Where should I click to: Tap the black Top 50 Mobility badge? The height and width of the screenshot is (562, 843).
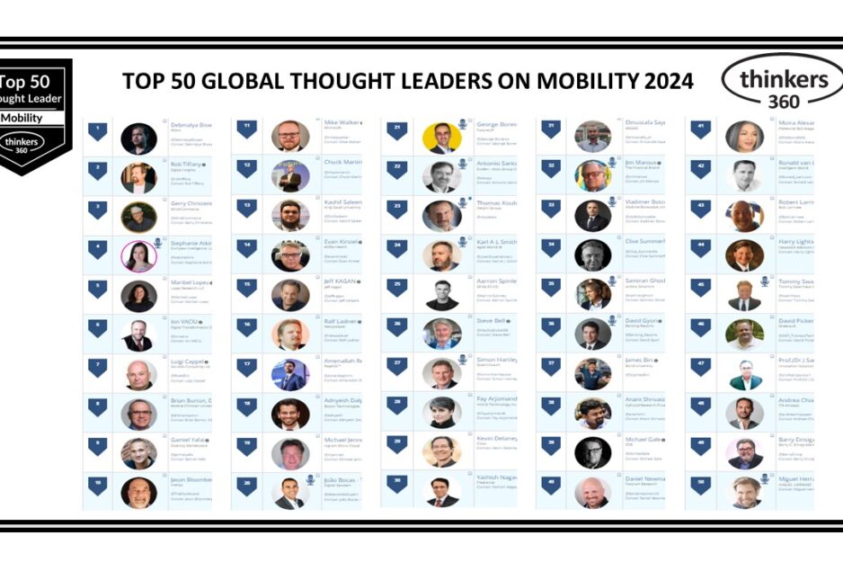pos(35,116)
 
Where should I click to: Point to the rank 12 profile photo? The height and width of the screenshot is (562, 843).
pos(290,177)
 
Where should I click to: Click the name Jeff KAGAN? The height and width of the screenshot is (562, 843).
pos(342,281)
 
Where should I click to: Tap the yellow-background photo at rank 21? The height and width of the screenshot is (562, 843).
pos(441,137)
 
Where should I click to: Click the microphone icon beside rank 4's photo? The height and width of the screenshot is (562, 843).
pos(158,243)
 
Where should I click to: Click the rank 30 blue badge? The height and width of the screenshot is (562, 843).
pos(396,483)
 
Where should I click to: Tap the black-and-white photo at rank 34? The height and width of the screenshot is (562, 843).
pos(592,255)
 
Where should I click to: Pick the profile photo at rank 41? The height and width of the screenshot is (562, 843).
pos(744,137)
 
